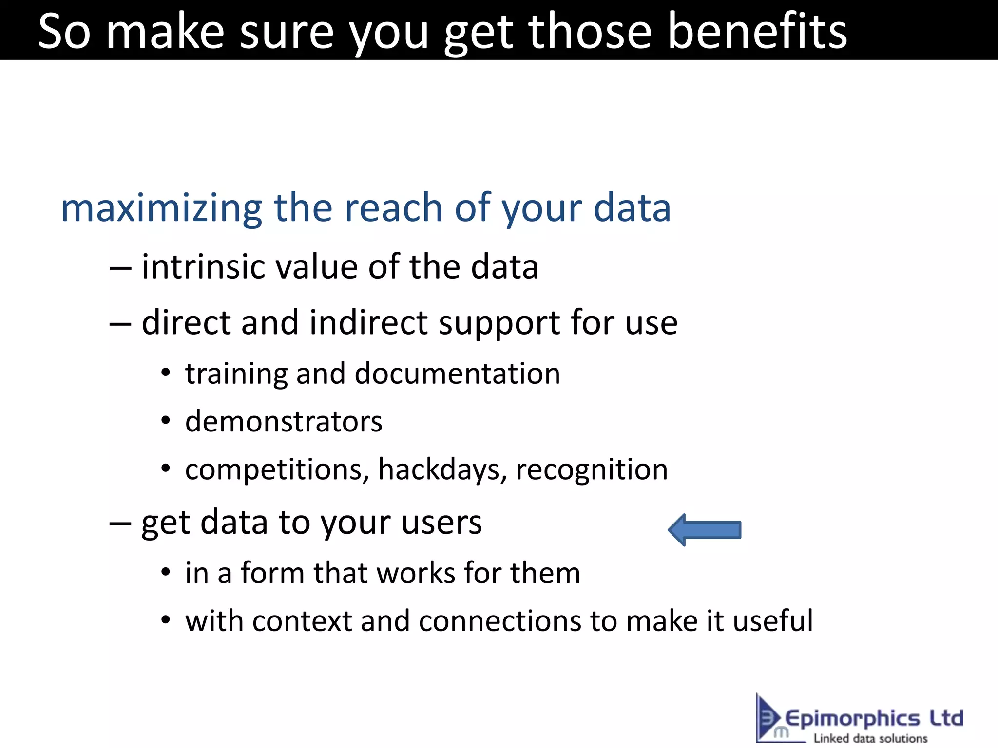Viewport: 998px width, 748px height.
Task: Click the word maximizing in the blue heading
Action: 161,208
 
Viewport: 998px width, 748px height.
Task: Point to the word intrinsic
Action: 203,267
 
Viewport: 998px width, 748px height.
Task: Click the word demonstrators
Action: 284,422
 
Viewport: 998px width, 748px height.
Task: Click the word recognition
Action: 592,470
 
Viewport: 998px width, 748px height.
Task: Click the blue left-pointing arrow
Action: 704,530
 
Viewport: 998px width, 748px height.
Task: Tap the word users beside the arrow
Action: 441,523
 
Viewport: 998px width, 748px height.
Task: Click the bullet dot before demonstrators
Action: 166,421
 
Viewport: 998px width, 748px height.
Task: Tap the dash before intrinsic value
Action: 120,268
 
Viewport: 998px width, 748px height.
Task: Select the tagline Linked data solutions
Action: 870,738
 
